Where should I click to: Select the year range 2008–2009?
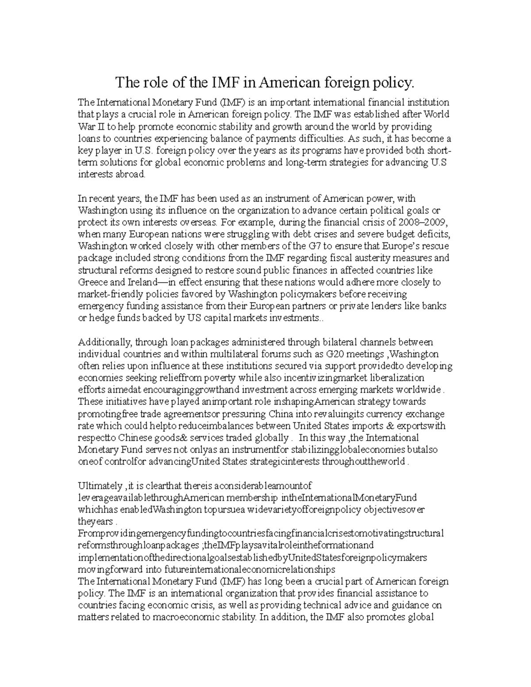428,222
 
